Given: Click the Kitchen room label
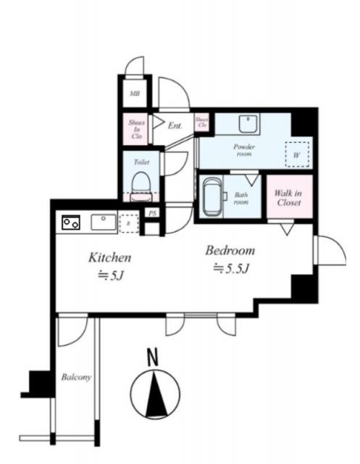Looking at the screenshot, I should [x=109, y=257].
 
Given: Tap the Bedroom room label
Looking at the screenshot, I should [x=230, y=251].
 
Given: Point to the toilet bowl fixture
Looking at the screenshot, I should [x=141, y=182].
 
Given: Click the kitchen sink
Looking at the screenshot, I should [x=101, y=221].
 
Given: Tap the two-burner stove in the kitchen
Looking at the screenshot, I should [x=71, y=222].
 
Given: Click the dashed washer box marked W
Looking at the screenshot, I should [x=297, y=154].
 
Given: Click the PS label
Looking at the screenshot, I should [x=151, y=213].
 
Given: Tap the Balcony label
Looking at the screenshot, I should [x=75, y=378].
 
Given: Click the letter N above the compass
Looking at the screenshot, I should [x=153, y=357].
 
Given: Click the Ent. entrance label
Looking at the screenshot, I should [x=175, y=125].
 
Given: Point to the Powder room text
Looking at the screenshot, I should [x=244, y=151].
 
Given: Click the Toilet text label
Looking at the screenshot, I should [x=141, y=162].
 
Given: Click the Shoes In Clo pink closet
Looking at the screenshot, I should [x=135, y=128].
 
